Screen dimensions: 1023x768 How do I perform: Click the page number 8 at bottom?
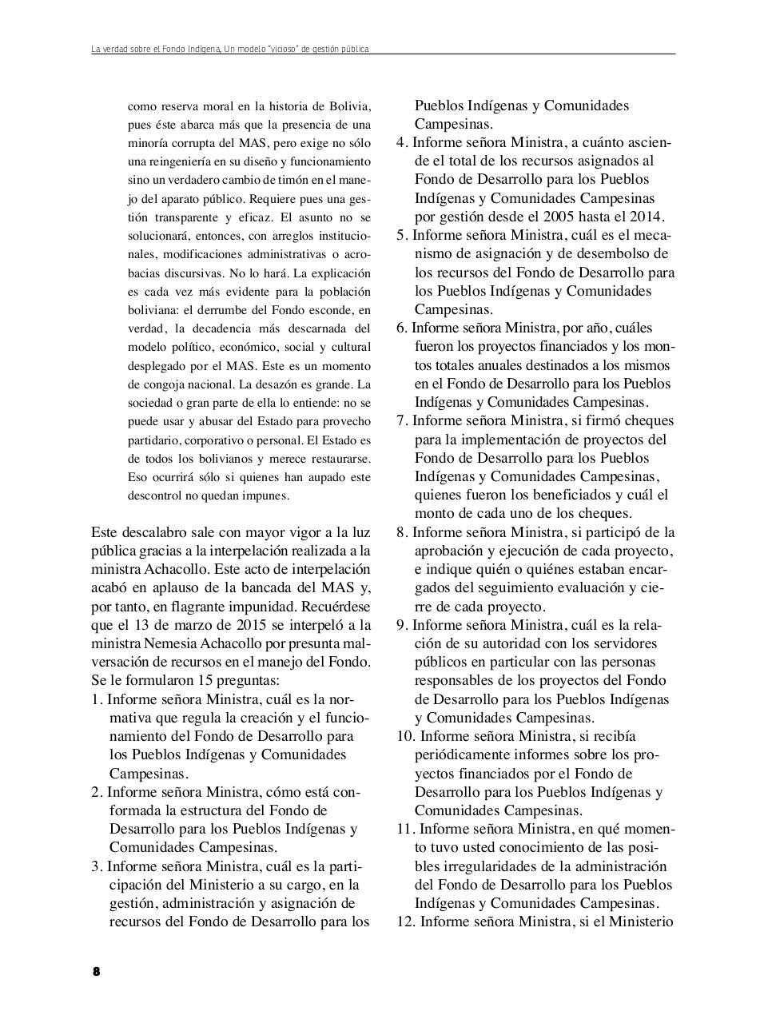tap(96, 972)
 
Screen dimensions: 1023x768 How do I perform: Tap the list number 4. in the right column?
tap(401, 143)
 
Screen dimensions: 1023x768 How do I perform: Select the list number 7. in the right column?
tap(401, 421)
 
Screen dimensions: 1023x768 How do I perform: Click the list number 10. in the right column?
tap(404, 736)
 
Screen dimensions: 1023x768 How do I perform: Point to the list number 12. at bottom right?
tap(405, 921)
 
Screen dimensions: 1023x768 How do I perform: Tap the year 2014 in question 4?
tap(645, 217)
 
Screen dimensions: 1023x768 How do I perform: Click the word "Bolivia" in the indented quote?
tap(349, 106)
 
